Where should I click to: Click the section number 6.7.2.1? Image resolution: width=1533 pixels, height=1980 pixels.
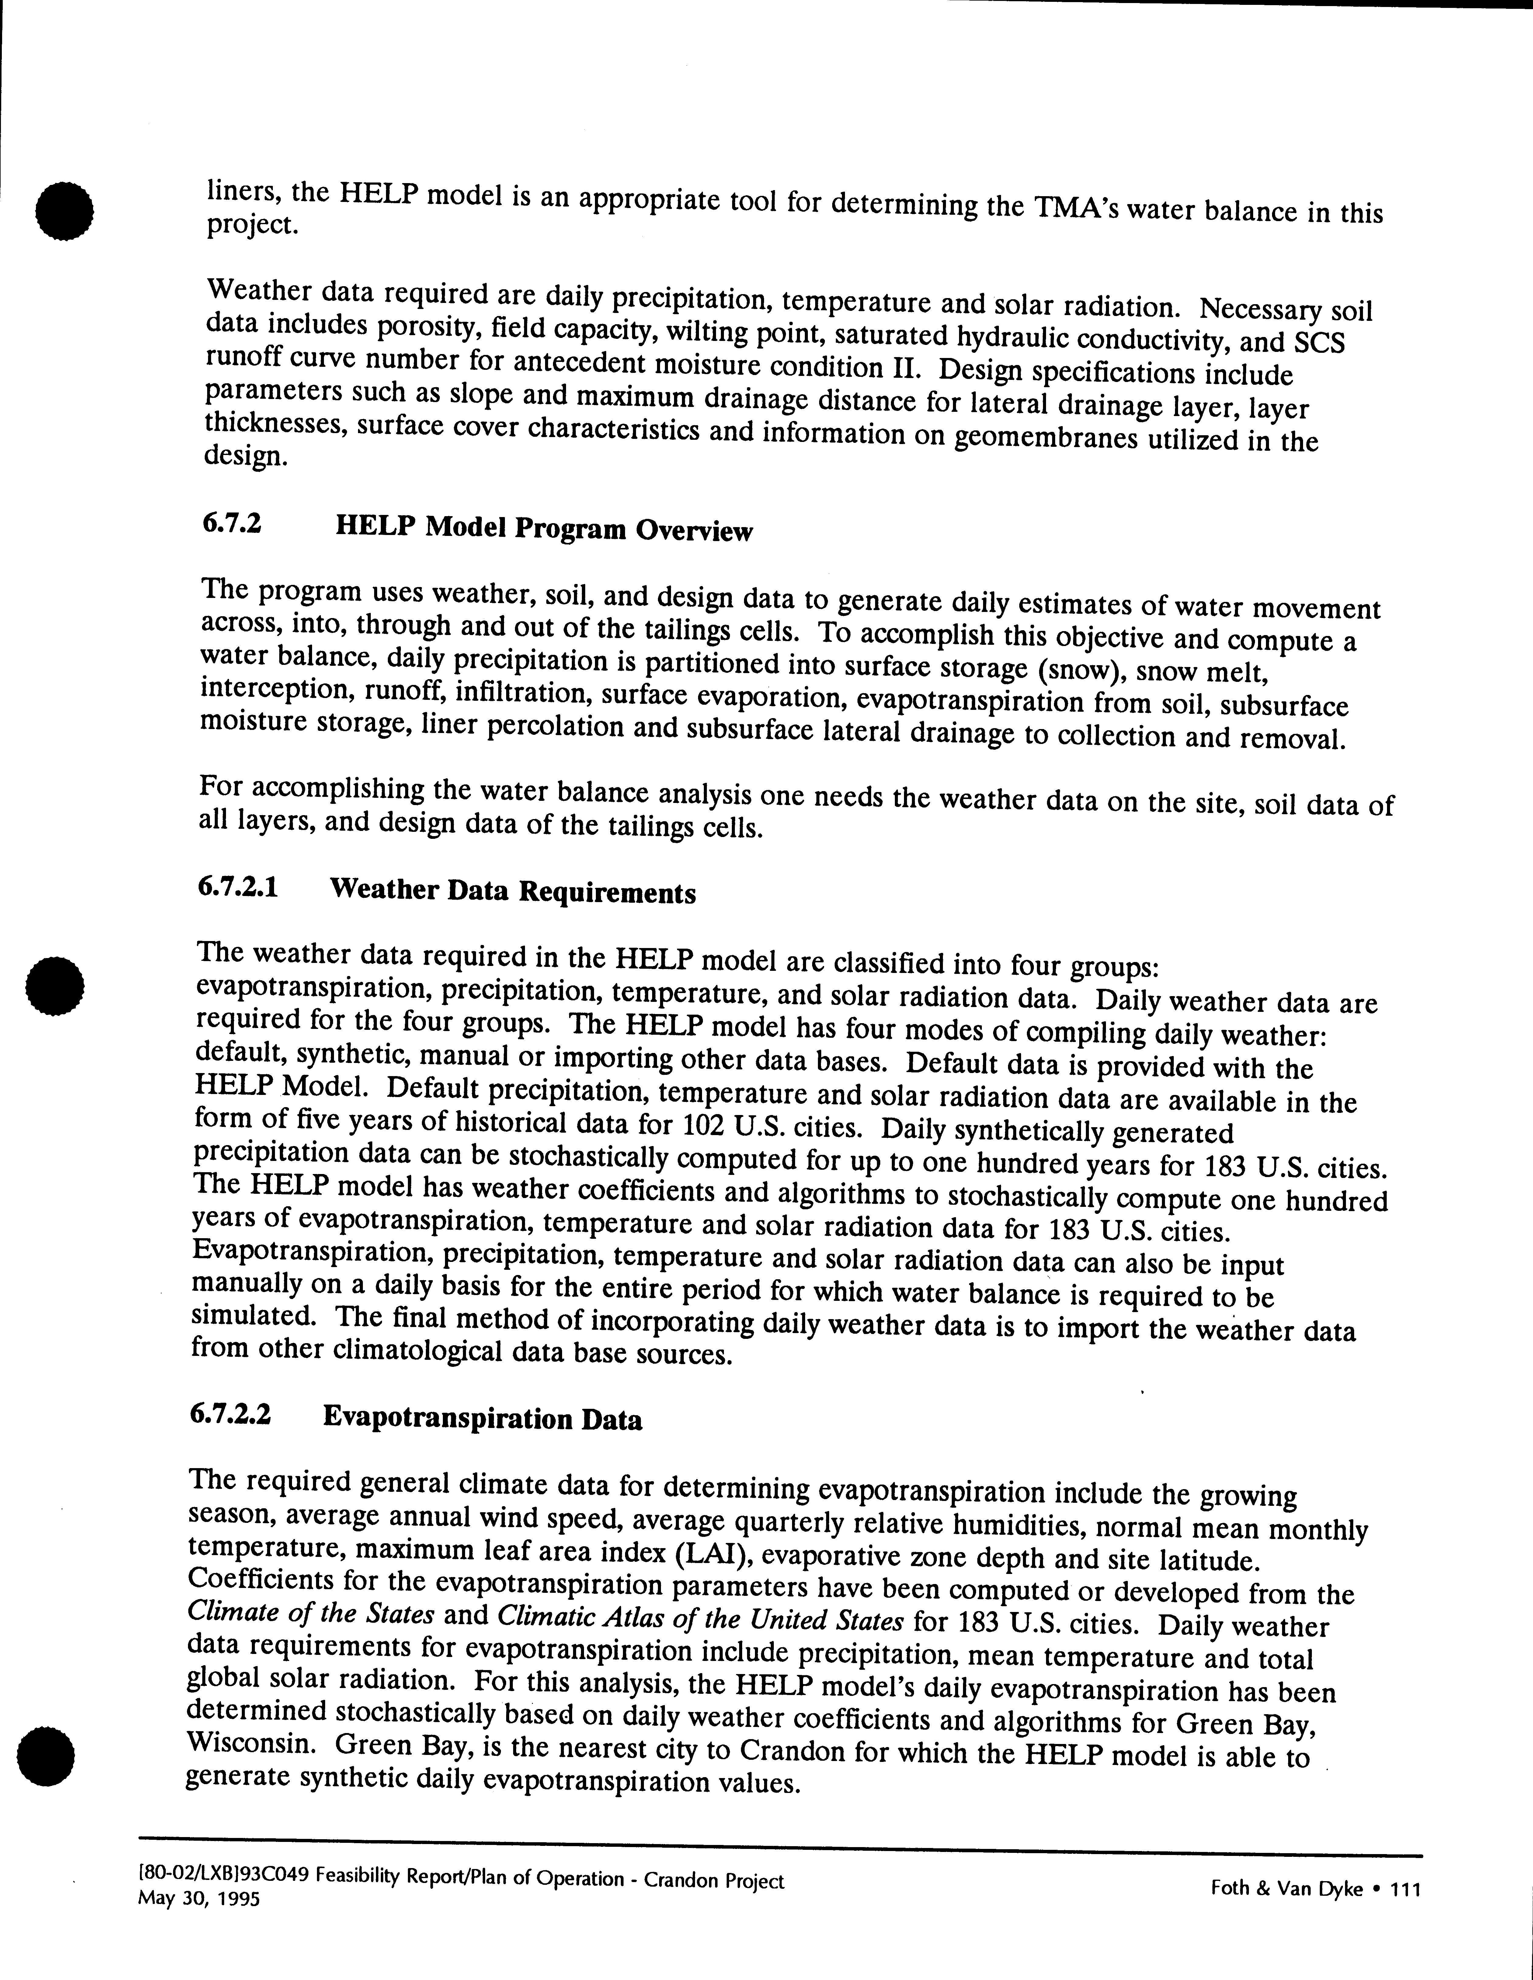click(238, 886)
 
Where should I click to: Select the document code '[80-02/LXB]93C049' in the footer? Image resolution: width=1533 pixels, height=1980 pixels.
click(213, 1879)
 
